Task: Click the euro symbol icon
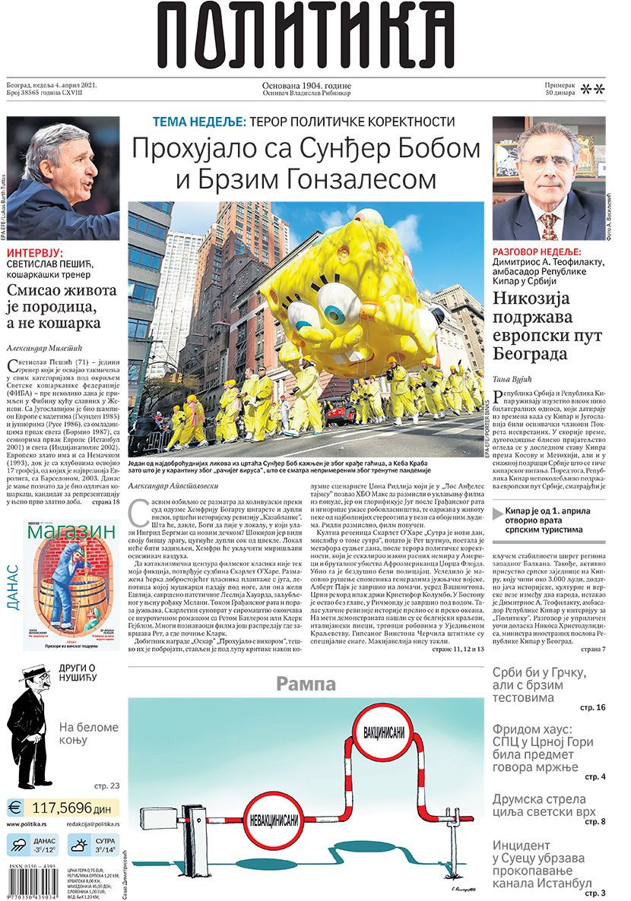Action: [14, 807]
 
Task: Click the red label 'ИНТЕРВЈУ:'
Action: [36, 254]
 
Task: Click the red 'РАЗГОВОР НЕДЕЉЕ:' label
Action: [537, 251]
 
